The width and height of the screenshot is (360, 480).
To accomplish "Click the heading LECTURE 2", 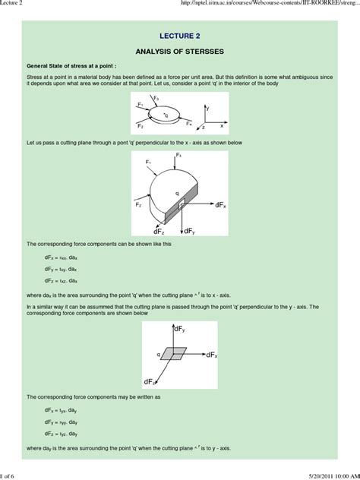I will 180,35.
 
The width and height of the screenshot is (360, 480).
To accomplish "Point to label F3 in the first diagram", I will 156,98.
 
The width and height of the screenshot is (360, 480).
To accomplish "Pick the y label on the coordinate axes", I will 208,109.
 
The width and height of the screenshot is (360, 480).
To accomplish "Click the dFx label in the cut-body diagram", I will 220,205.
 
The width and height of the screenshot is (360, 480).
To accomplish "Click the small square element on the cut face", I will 182,205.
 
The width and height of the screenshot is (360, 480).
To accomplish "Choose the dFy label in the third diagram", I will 182,329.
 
